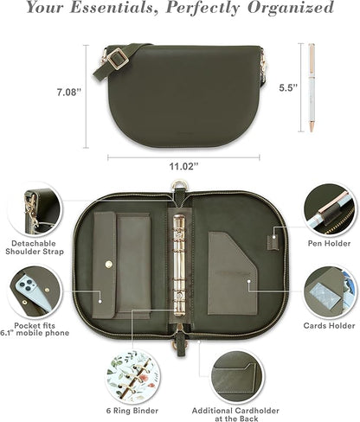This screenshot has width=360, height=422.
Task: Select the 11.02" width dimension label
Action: pos(183,164)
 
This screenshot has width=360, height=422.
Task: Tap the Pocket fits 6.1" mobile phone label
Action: pos(33,326)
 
